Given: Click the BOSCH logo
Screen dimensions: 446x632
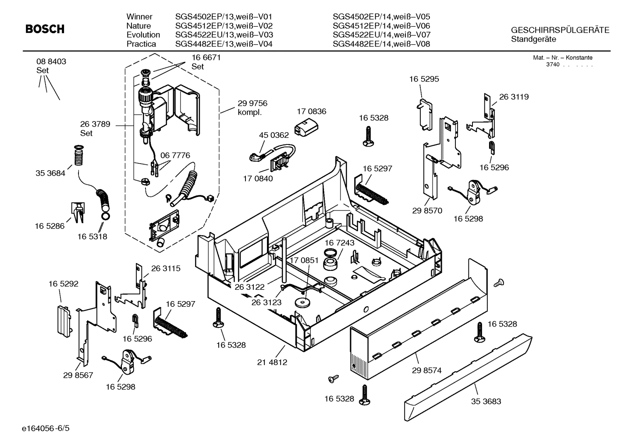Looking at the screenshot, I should coord(45,29).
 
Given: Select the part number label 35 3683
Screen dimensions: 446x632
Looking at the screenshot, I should coord(486,401).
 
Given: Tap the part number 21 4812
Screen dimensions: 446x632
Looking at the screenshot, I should coord(272,362).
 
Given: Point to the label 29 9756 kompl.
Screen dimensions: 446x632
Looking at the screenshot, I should coord(252,108).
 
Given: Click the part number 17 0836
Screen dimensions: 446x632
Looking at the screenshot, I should coord(311,112).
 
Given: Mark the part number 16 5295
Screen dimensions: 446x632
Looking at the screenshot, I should coord(424,79).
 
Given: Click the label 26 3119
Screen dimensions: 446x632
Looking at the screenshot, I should coord(514,97).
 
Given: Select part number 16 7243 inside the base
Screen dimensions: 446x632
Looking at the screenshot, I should coord(339,242).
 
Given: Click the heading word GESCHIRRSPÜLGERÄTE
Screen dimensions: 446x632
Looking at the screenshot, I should coord(560,30).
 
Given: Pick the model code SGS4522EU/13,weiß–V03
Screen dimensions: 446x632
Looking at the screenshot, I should coord(224,35).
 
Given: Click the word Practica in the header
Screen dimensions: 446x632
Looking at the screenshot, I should coord(141,44).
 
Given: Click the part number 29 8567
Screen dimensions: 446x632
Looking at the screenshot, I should coord(78,375).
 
